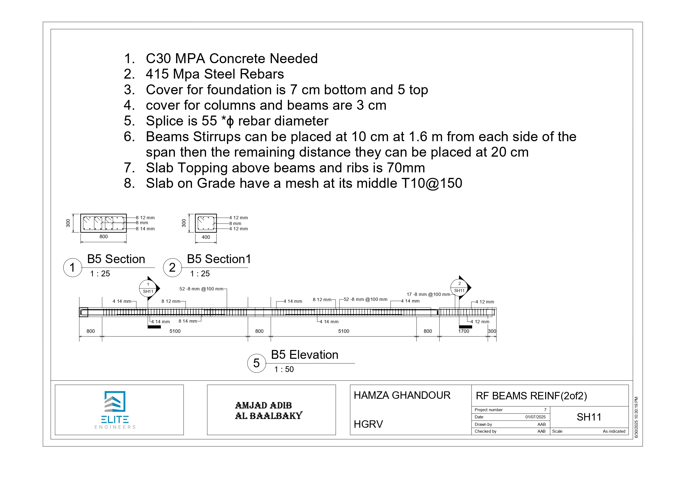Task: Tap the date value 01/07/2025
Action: [x=535, y=417]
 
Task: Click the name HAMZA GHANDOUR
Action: [x=402, y=395]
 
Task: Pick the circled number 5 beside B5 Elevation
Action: [x=256, y=363]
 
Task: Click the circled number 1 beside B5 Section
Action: [x=73, y=267]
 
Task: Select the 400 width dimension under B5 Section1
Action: [x=206, y=237]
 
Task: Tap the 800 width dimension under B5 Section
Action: [x=103, y=237]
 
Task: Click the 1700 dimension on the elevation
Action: [x=463, y=331]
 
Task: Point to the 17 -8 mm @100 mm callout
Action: [x=428, y=295]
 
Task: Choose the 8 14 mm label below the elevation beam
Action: [x=188, y=321]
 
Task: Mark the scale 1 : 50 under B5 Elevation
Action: [x=284, y=369]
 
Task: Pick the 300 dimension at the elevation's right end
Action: [x=492, y=331]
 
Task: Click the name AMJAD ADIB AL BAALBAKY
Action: [x=268, y=410]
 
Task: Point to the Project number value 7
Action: [x=545, y=410]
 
